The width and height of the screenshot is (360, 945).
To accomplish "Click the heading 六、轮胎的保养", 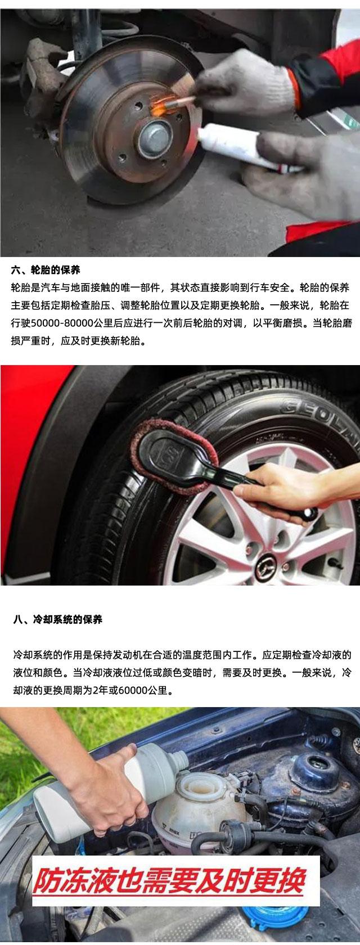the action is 46,270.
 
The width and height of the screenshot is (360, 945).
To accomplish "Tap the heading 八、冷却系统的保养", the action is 58,619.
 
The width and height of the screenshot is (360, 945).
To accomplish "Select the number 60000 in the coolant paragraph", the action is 133,691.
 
